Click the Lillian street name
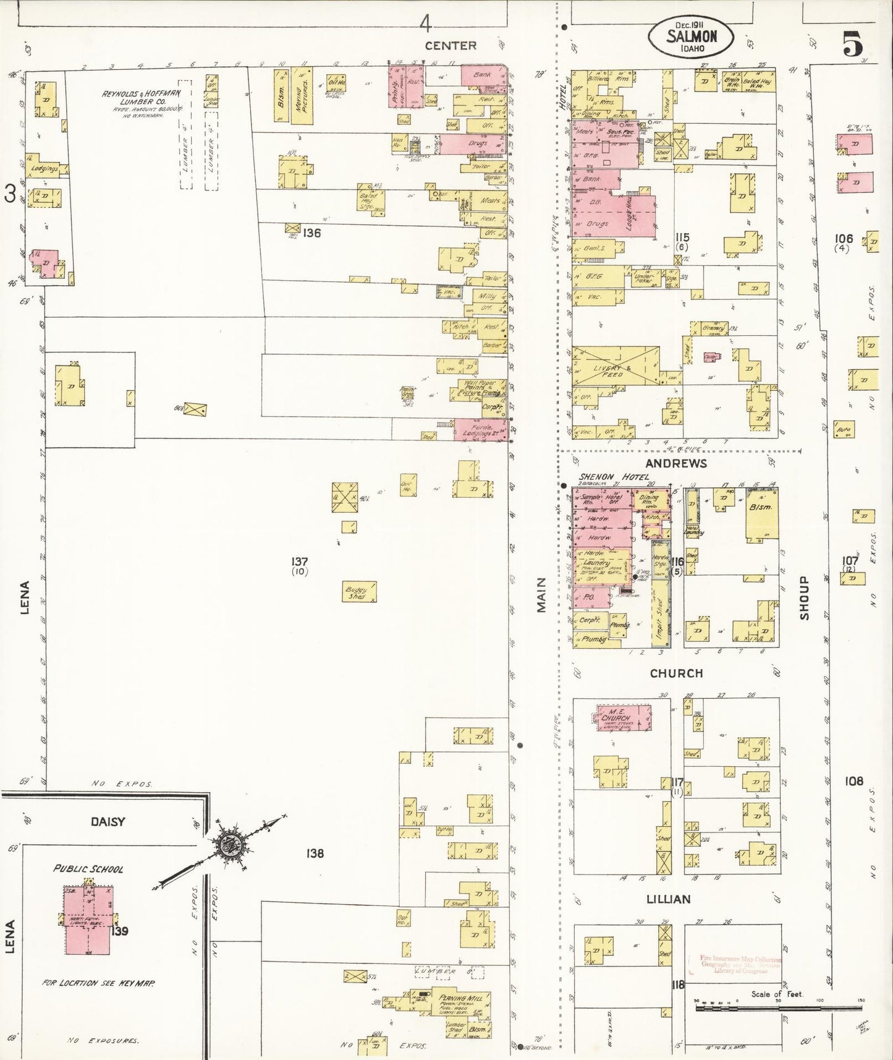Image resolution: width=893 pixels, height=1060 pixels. [x=669, y=899]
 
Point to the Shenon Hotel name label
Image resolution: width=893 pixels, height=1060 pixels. [x=615, y=477]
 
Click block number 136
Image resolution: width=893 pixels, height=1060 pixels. [x=312, y=233]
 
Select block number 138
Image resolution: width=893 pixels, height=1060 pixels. [x=315, y=853]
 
